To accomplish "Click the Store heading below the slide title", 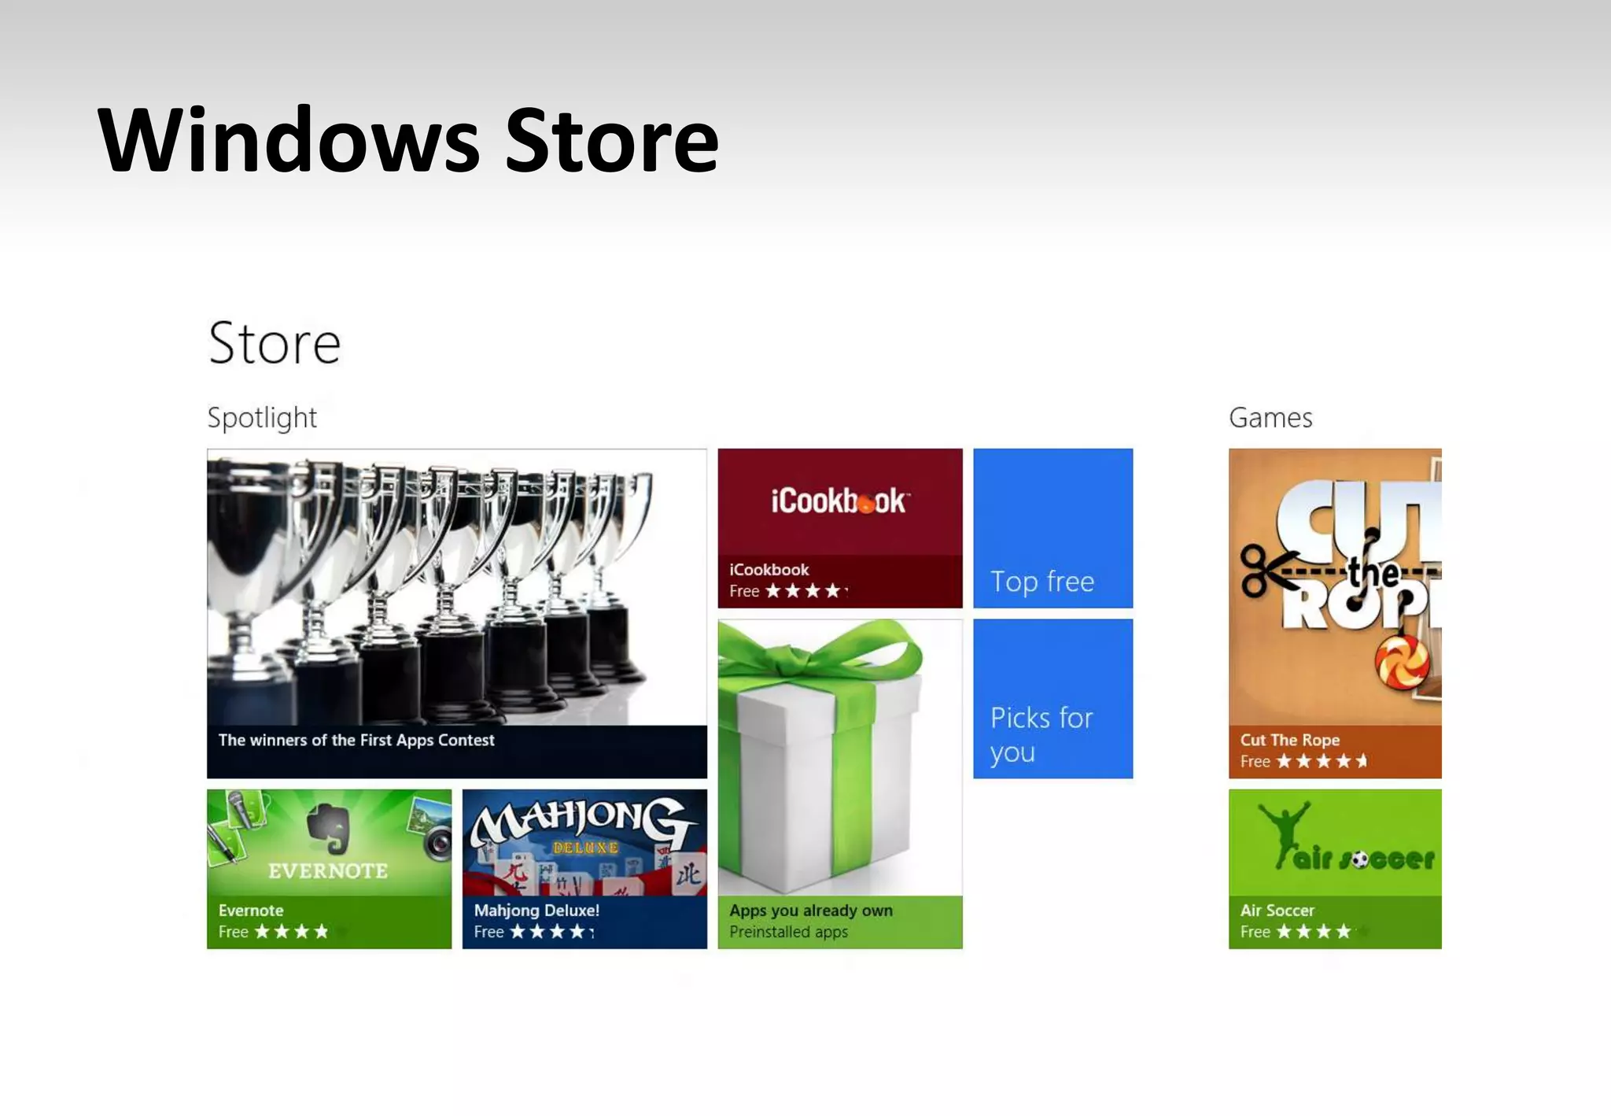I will [275, 343].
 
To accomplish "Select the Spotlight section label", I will [262, 417].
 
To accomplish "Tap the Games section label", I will [1270, 417].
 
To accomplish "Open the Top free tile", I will [1052, 528].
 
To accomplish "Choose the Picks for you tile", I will [1052, 699].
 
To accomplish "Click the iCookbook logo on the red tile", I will [839, 501].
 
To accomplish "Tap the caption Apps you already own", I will [810, 911].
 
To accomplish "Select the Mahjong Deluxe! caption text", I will [536, 911].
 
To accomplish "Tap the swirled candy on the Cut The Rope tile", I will [1402, 662].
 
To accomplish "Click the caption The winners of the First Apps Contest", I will [356, 740].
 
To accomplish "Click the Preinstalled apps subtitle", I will [788, 932].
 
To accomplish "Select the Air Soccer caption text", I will [1277, 911].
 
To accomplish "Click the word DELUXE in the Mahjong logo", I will [585, 848].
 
